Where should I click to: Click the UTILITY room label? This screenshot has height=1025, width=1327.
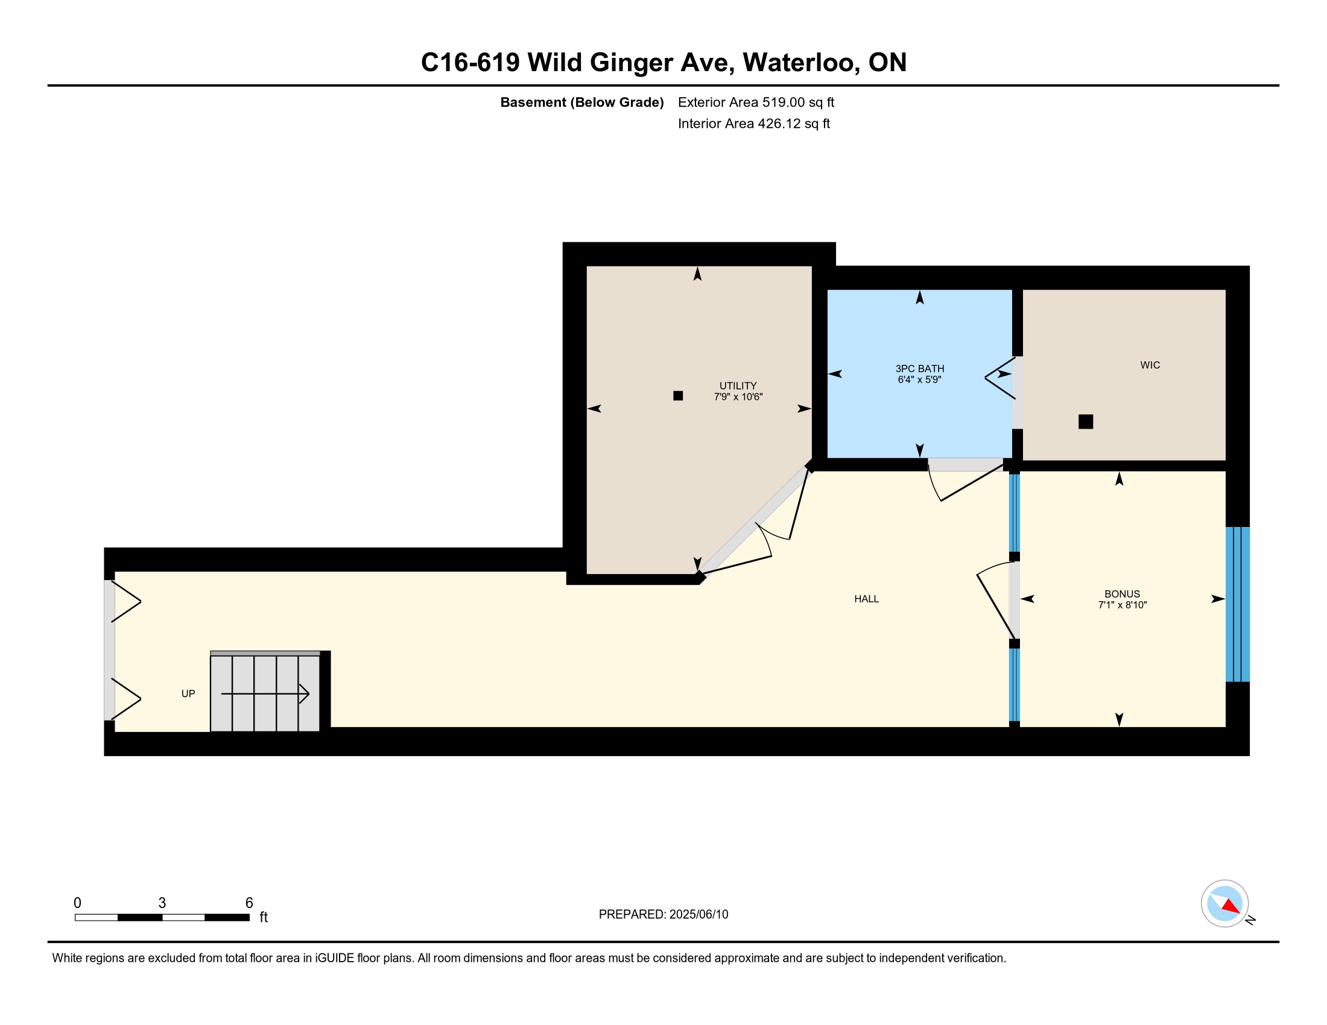point(738,386)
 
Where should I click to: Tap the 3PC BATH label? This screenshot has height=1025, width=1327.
point(919,368)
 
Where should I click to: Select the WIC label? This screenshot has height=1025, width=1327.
point(1150,365)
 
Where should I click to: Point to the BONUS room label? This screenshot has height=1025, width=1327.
point(1122,594)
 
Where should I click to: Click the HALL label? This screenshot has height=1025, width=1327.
point(866,599)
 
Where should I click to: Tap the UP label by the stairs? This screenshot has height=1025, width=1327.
point(188,693)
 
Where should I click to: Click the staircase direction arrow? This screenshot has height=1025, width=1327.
point(265,693)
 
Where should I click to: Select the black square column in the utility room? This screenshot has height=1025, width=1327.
point(678,396)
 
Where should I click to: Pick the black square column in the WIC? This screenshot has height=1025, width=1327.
point(1085,421)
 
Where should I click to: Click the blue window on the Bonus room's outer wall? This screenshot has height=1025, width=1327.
point(1237,604)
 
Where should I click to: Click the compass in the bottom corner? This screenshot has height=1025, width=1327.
point(1224,903)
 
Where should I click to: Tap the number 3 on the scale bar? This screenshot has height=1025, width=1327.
point(162,903)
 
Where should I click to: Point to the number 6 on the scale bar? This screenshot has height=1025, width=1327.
point(249,903)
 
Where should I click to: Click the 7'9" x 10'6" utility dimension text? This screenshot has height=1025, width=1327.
point(738,397)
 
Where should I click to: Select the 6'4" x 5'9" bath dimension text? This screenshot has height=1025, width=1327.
point(919,380)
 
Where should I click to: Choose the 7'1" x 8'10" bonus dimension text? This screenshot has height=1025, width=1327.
point(1122,605)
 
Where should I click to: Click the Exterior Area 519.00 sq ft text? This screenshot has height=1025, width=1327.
point(756,102)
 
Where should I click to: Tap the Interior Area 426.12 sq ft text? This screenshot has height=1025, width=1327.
point(753,124)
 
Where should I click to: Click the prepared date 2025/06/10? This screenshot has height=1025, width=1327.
point(698,915)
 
